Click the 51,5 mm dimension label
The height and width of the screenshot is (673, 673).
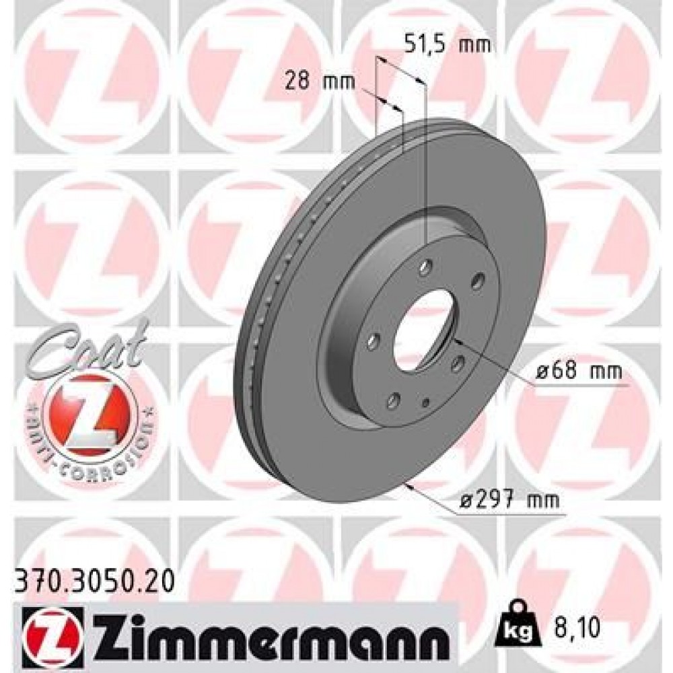click(447, 45)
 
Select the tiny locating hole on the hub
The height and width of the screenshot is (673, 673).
click(425, 402)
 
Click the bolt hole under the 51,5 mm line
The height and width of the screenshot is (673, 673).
click(425, 270)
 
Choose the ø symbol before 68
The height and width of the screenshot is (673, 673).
click(544, 371)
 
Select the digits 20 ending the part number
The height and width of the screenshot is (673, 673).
click(160, 576)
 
